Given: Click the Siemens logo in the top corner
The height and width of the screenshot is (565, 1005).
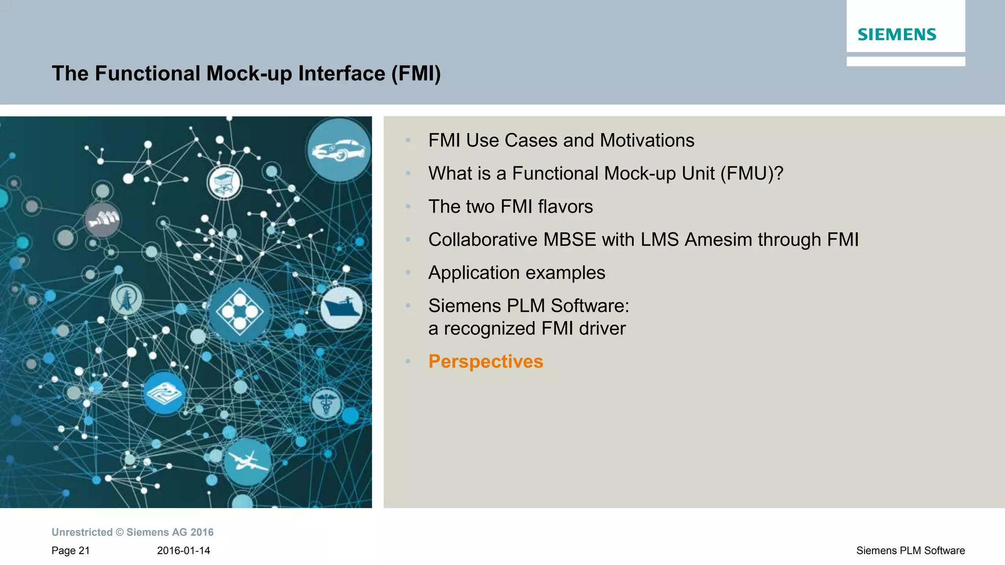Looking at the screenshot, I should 897,34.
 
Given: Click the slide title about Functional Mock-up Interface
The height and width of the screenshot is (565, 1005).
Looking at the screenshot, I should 246,74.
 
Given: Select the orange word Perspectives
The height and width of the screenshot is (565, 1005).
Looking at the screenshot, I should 485,362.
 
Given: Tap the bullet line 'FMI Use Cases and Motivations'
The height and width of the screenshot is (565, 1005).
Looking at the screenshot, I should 561,140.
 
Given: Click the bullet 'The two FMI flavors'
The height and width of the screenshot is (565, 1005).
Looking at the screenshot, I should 510,207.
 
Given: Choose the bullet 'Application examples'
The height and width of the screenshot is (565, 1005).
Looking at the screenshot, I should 516,272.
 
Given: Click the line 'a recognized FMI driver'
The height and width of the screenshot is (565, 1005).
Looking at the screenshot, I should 527,328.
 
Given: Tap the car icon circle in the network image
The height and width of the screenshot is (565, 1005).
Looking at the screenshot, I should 339,149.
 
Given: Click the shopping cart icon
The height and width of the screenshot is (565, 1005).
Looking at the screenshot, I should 225,182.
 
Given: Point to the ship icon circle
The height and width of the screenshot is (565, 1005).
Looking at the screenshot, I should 342,308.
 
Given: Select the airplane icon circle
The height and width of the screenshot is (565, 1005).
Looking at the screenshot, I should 247,461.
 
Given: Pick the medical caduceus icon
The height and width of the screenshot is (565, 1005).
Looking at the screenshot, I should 326,404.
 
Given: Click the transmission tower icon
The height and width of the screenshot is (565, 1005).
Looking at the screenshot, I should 126,299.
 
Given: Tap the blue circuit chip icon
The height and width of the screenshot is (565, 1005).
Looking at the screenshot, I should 164,393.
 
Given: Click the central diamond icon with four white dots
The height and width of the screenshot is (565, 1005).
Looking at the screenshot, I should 239,311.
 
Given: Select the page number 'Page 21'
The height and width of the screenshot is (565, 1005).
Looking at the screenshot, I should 71,551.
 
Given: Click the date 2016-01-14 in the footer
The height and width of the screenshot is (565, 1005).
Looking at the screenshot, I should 184,551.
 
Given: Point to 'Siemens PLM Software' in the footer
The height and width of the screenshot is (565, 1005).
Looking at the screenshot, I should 910,551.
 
